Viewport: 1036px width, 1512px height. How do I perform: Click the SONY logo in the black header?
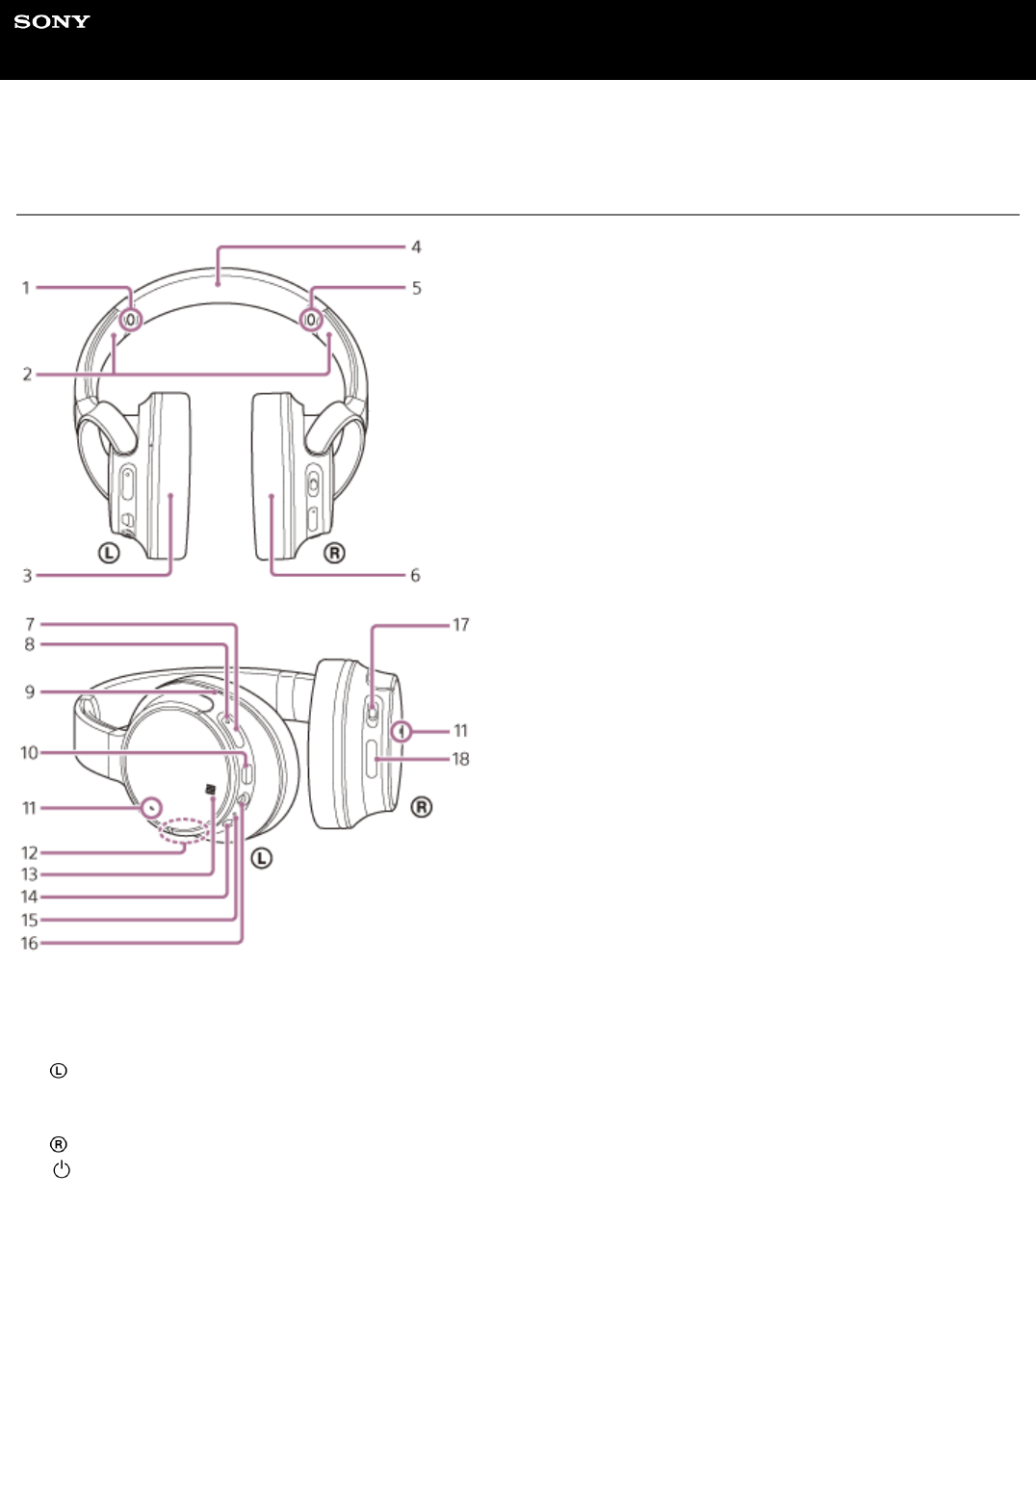pos(52,22)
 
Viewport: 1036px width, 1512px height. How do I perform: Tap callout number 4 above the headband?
pos(417,248)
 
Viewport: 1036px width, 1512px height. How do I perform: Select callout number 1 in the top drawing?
pos(26,288)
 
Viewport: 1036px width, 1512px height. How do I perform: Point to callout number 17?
pos(461,625)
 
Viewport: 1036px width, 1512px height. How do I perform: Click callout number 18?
pos(461,760)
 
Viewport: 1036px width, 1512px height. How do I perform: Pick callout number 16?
pos(29,943)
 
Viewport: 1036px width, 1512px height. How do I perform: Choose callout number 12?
pos(29,853)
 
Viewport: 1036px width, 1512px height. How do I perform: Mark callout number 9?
pos(29,691)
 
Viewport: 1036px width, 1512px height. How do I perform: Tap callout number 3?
pos(27,576)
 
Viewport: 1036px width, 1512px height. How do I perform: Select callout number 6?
pos(416,576)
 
